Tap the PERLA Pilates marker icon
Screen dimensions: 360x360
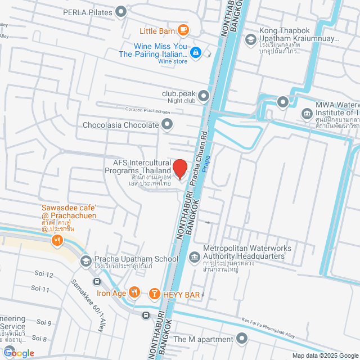pyautogui.click(x=120, y=11)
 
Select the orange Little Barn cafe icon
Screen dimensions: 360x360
pyautogui.click(x=182, y=30)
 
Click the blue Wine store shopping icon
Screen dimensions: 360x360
pyautogui.click(x=195, y=52)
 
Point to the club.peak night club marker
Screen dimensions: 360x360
pyautogui.click(x=203, y=94)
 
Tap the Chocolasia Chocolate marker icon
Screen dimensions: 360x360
pyautogui.click(x=166, y=125)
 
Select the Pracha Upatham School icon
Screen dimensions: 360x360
pyautogui.click(x=86, y=260)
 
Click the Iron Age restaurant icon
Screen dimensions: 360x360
pyautogui.click(x=134, y=292)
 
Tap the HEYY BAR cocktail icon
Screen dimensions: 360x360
pyautogui.click(x=154, y=293)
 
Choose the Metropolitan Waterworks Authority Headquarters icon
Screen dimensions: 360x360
pyautogui.click(x=194, y=257)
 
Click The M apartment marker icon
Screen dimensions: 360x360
pyautogui.click(x=242, y=339)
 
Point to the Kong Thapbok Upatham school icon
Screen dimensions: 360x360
pyautogui.click(x=250, y=39)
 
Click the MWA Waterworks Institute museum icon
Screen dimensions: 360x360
pyautogui.click(x=307, y=114)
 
